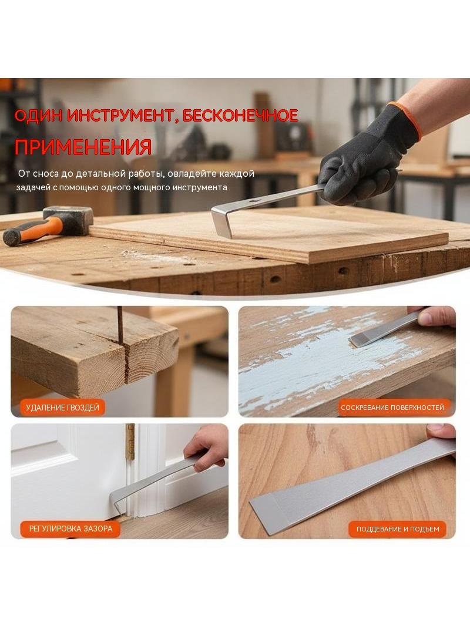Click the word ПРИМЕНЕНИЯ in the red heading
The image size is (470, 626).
tap(83, 147)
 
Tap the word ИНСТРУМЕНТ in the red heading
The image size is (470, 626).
tap(120, 115)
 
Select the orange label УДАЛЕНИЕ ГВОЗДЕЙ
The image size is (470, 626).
tap(62, 408)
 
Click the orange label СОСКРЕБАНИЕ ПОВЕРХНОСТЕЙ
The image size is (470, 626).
tap(392, 408)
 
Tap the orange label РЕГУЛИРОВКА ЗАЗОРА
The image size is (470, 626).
tap(70, 529)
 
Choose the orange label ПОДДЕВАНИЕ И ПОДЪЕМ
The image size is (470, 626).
tap(398, 529)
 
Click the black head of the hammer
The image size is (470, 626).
tap(69, 219)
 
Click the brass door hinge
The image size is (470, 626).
tap(130, 442)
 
